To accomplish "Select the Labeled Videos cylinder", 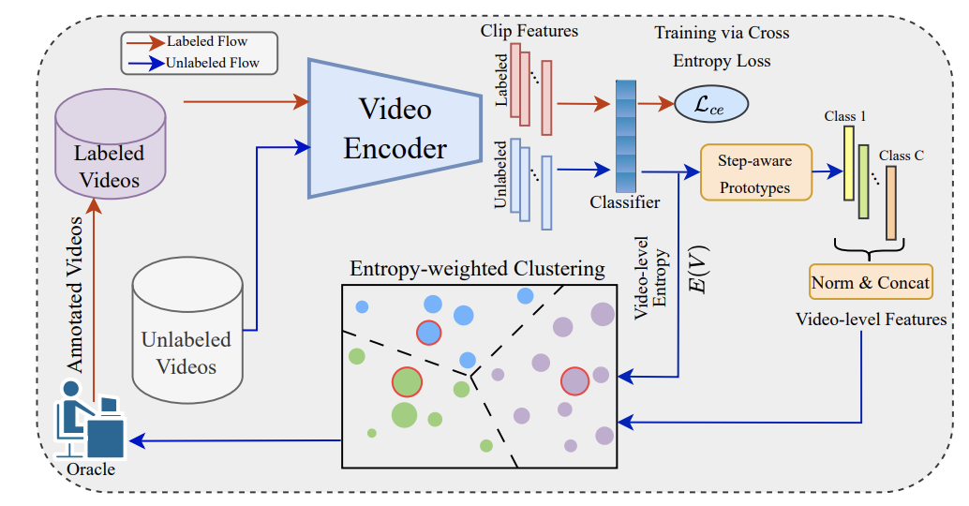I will coord(111,149).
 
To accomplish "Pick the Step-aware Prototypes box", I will coord(755,173).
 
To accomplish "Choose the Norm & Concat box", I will coord(871,282).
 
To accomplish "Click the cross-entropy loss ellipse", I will coord(711,103).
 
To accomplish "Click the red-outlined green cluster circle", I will coord(407,381).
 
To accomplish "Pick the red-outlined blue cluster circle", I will coord(428,333).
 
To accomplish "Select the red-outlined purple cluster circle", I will coord(574,380).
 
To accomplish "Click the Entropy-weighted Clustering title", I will coord(477,269).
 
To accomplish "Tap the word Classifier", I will coord(625,202).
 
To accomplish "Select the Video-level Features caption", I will coord(871,320).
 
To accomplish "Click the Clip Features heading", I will coord(529,31).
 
